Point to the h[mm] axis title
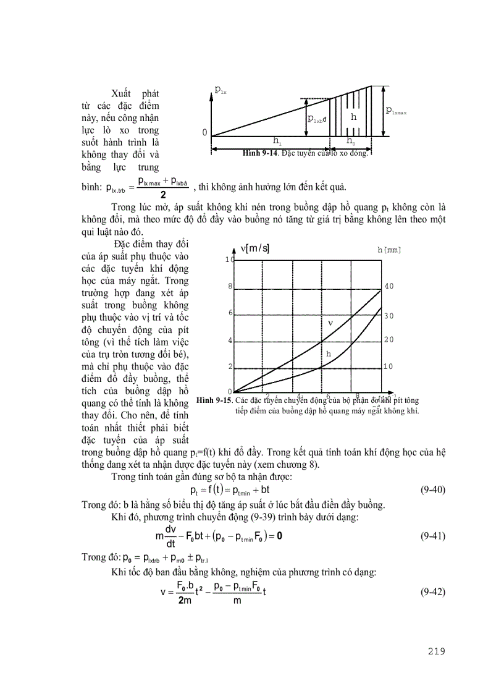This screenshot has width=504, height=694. point(389,250)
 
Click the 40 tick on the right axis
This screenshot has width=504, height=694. point(388,287)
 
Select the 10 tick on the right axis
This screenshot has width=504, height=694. point(388,366)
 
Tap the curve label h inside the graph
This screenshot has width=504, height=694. point(329,353)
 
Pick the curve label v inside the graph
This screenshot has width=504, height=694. point(330,323)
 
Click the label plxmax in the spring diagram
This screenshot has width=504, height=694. point(397,111)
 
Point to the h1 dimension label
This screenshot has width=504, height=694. point(277,142)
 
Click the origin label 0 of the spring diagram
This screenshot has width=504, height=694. point(204,133)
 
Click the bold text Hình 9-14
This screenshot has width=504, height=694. point(260,153)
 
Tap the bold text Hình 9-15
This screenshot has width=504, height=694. point(214,400)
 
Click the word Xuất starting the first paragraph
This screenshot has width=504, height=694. point(124,93)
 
